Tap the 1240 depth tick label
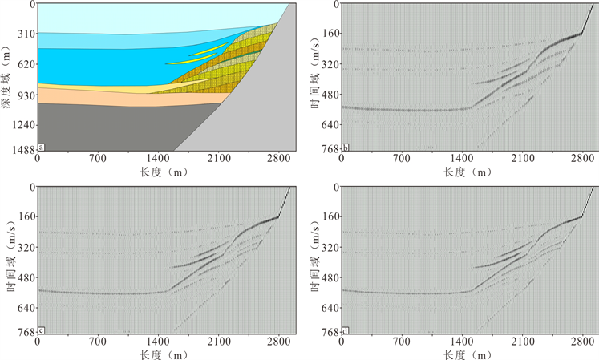24,125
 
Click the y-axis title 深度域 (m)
7,76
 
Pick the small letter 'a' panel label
41,147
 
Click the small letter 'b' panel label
345,147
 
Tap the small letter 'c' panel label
41,329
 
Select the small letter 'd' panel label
345,329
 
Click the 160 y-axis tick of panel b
330,34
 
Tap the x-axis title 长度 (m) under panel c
158,354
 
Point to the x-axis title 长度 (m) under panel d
462,354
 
